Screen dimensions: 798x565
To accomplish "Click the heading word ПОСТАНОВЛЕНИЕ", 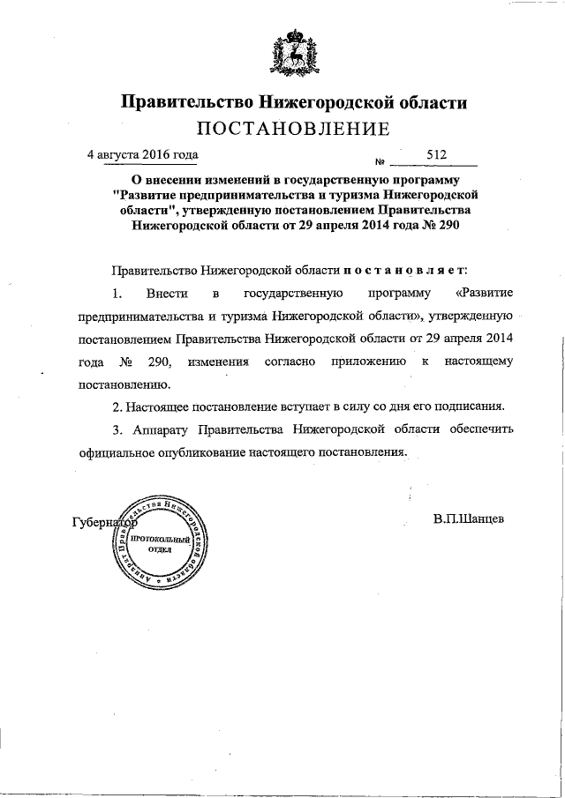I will (x=292, y=130).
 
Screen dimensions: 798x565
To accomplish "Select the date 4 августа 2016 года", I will (x=142, y=154).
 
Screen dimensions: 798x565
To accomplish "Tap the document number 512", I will (x=437, y=154).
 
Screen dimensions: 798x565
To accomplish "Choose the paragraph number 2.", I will (x=117, y=407).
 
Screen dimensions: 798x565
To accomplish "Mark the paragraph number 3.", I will (x=117, y=430).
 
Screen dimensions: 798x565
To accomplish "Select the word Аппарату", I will (x=157, y=430).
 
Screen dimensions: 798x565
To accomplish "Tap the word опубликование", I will (x=206, y=452).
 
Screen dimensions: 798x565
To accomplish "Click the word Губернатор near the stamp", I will (x=102, y=522).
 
